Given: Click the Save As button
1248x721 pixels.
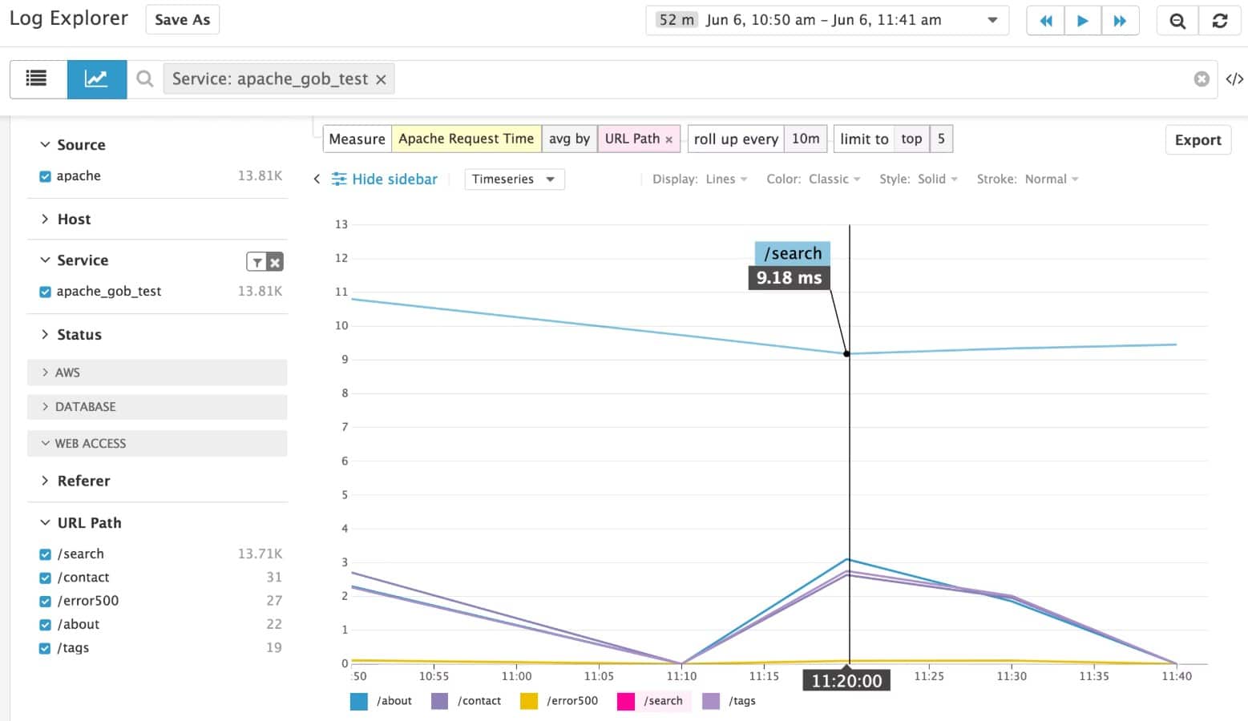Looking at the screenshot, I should pos(182,20).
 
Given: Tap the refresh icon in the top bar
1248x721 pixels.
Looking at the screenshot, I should pos(1219,21).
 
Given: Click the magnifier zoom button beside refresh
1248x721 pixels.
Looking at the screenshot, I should pos(1177,21).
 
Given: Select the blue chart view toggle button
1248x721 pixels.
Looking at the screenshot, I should pos(96,79).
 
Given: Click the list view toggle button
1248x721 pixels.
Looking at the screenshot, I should pos(37,79).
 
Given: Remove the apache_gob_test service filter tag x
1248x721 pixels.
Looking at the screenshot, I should pos(381,79).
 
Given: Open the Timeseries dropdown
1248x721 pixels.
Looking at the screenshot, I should pos(514,179).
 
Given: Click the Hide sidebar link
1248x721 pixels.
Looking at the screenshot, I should pos(394,179).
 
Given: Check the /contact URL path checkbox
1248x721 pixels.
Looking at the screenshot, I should pos(46,578).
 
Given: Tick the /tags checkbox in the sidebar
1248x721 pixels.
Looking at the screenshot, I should pos(46,648).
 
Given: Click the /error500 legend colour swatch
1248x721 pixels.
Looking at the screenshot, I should pos(529,701).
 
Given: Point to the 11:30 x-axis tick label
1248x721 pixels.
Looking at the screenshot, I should pos(1012,676).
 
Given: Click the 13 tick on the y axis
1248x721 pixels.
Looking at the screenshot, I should pos(341,224).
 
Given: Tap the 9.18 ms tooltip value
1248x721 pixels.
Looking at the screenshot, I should pos(789,278).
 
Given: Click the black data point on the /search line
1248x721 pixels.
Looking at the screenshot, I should pos(847,353).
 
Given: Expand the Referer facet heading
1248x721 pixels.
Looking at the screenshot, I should pos(83,481).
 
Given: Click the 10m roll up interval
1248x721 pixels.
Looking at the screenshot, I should pos(806,139).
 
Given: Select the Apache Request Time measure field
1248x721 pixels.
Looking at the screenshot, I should pos(466,139).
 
